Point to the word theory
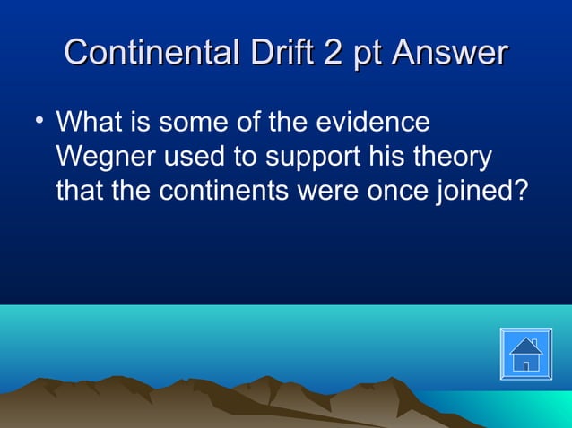[454, 158]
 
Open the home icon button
[526, 354]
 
